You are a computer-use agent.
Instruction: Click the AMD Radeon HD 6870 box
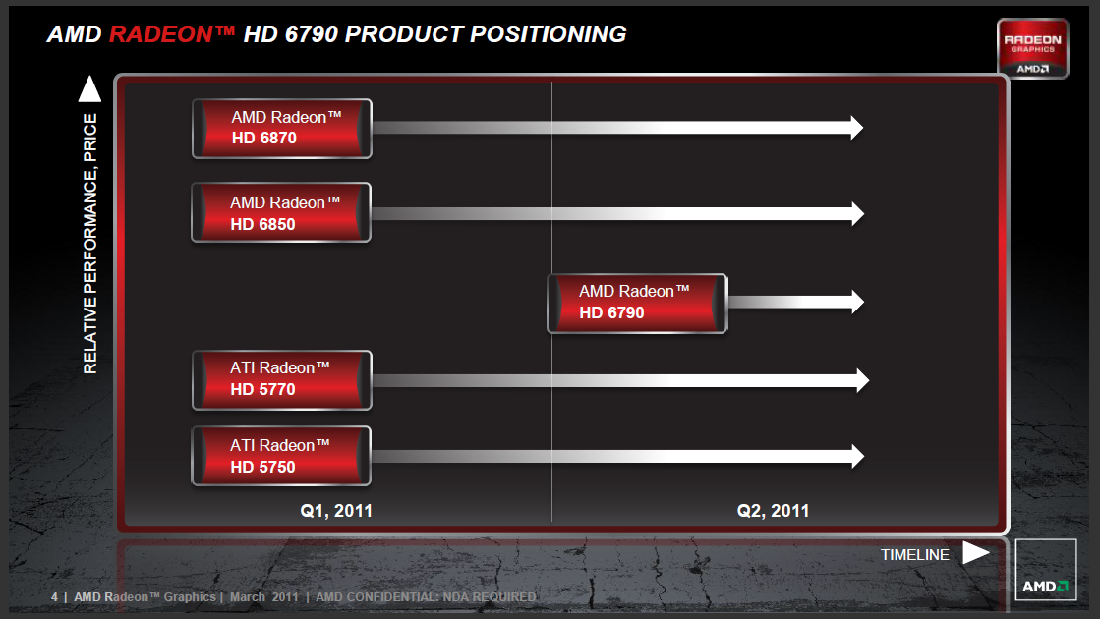pos(282,129)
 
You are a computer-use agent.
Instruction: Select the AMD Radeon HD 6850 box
pos(281,212)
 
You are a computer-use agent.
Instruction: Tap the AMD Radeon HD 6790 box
pos(637,303)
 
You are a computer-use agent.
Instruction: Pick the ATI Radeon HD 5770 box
pos(282,380)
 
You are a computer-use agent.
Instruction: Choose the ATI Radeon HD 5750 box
pos(281,456)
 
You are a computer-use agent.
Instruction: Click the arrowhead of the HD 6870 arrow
pos(856,128)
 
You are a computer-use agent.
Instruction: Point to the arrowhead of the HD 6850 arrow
pos(857,214)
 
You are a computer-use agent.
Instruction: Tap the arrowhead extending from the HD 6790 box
pos(857,302)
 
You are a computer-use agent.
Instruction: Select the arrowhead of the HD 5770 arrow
pos(862,380)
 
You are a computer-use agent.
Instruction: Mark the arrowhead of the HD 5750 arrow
pos(857,456)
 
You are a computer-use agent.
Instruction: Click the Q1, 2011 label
pos(336,511)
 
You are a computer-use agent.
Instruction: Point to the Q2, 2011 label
pos(773,511)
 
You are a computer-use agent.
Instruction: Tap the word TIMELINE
pos(915,555)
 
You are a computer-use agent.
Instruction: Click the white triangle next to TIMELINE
pos(974,552)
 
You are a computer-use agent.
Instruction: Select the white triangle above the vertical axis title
pos(89,89)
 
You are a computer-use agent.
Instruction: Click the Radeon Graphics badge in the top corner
pos(1032,48)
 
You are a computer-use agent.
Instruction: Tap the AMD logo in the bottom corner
pos(1045,570)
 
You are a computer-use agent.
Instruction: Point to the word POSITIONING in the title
pos(548,33)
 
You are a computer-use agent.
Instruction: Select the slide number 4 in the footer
pos(54,597)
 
